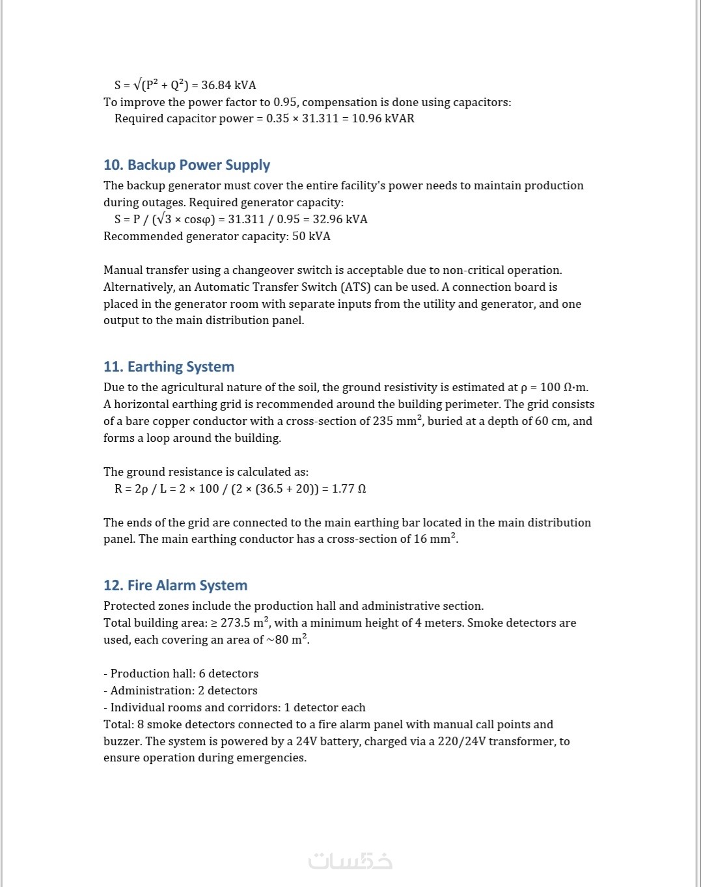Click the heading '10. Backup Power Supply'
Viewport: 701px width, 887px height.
(186, 165)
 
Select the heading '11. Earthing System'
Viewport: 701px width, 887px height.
(169, 367)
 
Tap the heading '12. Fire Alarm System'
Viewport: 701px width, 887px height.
(175, 586)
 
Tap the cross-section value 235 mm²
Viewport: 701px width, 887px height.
(397, 421)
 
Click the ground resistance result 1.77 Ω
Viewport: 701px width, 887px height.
(349, 489)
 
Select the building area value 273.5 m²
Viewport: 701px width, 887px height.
(245, 623)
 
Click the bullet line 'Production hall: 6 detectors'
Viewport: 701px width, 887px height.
(184, 674)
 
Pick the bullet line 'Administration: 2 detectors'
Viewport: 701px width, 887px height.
(184, 690)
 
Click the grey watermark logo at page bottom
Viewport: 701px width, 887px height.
(350, 861)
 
